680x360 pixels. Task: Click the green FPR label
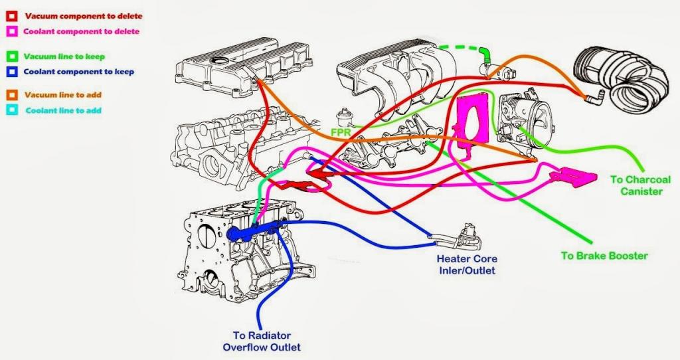coord(341,132)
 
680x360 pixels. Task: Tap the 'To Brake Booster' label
coord(604,256)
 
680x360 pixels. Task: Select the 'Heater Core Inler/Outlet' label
coord(466,264)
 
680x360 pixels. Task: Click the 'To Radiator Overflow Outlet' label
coord(262,341)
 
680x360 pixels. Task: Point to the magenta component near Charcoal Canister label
coord(572,176)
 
